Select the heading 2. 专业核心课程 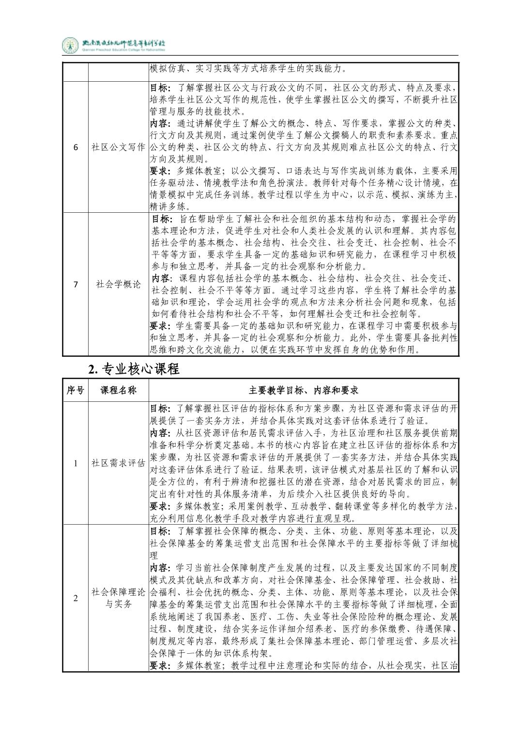[134, 369]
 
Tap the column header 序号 [75, 390]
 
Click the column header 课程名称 [118, 390]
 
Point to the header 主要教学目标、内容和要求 [304, 390]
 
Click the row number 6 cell [75, 147]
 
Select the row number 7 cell [75, 284]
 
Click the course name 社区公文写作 [118, 147]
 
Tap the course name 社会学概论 [118, 284]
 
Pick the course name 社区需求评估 [118, 463]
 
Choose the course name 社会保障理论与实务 [118, 598]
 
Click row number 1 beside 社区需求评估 [75, 463]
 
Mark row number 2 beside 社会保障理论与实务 [75, 598]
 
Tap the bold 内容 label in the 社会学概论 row [162, 279]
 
